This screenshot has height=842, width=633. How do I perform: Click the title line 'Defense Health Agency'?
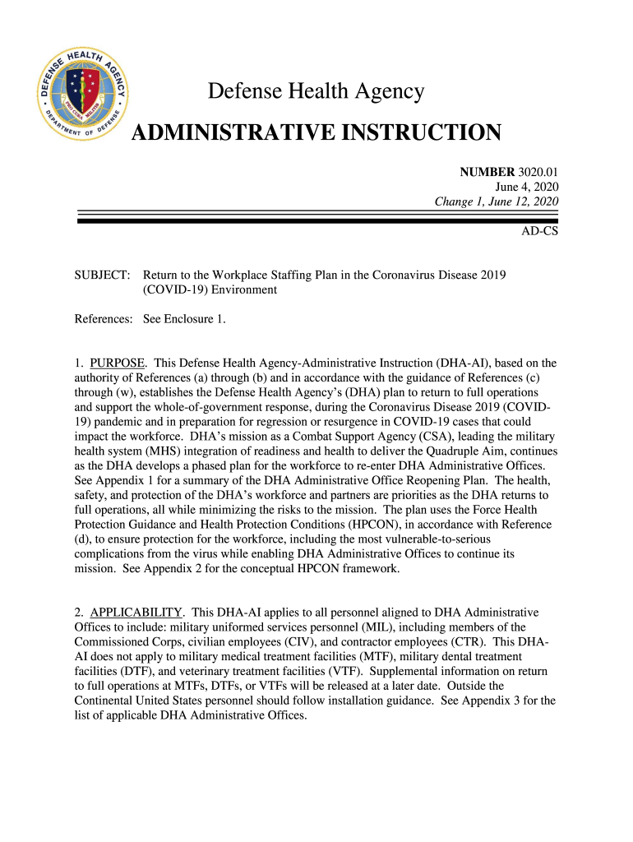[x=316, y=91]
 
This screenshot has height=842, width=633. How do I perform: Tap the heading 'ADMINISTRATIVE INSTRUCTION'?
[x=316, y=132]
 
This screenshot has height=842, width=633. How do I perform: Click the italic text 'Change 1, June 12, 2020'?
[x=497, y=201]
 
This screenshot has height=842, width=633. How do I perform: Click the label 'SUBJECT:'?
[x=102, y=275]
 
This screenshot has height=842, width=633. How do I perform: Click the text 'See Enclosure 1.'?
[x=184, y=318]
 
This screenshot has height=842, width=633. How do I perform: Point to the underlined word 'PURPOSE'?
[x=118, y=363]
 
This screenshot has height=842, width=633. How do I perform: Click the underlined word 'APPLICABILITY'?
[x=136, y=613]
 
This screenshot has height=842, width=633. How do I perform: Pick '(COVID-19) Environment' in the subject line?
[x=210, y=289]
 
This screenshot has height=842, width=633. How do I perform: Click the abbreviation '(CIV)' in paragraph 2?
[x=307, y=642]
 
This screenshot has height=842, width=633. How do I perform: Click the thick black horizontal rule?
[x=317, y=220]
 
